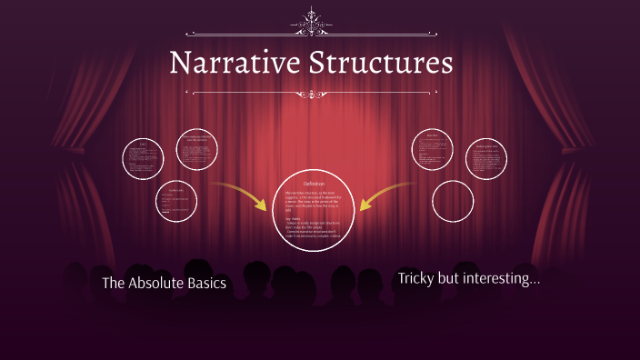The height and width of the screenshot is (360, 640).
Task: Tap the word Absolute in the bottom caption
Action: [160, 284]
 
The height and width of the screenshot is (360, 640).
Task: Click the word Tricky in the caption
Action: [416, 279]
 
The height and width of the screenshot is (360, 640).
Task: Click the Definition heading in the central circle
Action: [314, 184]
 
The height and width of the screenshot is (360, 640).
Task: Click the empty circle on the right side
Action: [453, 201]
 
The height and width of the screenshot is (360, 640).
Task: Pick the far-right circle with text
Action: [485, 160]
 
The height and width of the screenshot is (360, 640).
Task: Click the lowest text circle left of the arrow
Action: [176, 201]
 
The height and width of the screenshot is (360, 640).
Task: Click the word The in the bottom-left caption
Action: [113, 284]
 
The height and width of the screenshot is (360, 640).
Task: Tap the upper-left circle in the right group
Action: [433, 149]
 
